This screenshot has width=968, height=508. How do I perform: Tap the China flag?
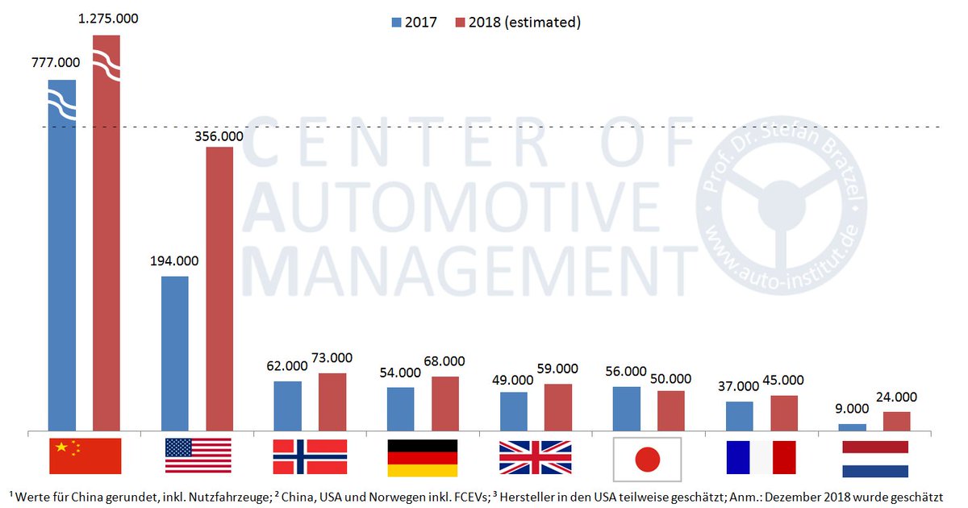85,456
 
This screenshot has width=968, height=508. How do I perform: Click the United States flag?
198,456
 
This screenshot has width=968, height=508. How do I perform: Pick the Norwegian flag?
310,456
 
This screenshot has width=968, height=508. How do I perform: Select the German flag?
423,457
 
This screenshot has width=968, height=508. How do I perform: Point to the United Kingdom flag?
535,457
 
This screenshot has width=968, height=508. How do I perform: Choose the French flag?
760,457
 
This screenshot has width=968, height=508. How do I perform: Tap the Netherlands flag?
874,459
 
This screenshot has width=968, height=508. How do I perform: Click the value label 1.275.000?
106,17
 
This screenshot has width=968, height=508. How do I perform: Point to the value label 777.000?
55,62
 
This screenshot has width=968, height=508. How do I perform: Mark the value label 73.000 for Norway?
332,358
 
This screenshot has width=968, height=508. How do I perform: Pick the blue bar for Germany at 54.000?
400,409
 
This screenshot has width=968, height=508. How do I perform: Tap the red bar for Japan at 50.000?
670,410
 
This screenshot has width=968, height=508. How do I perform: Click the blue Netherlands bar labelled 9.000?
852,427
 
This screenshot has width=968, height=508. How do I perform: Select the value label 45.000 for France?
783,381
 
